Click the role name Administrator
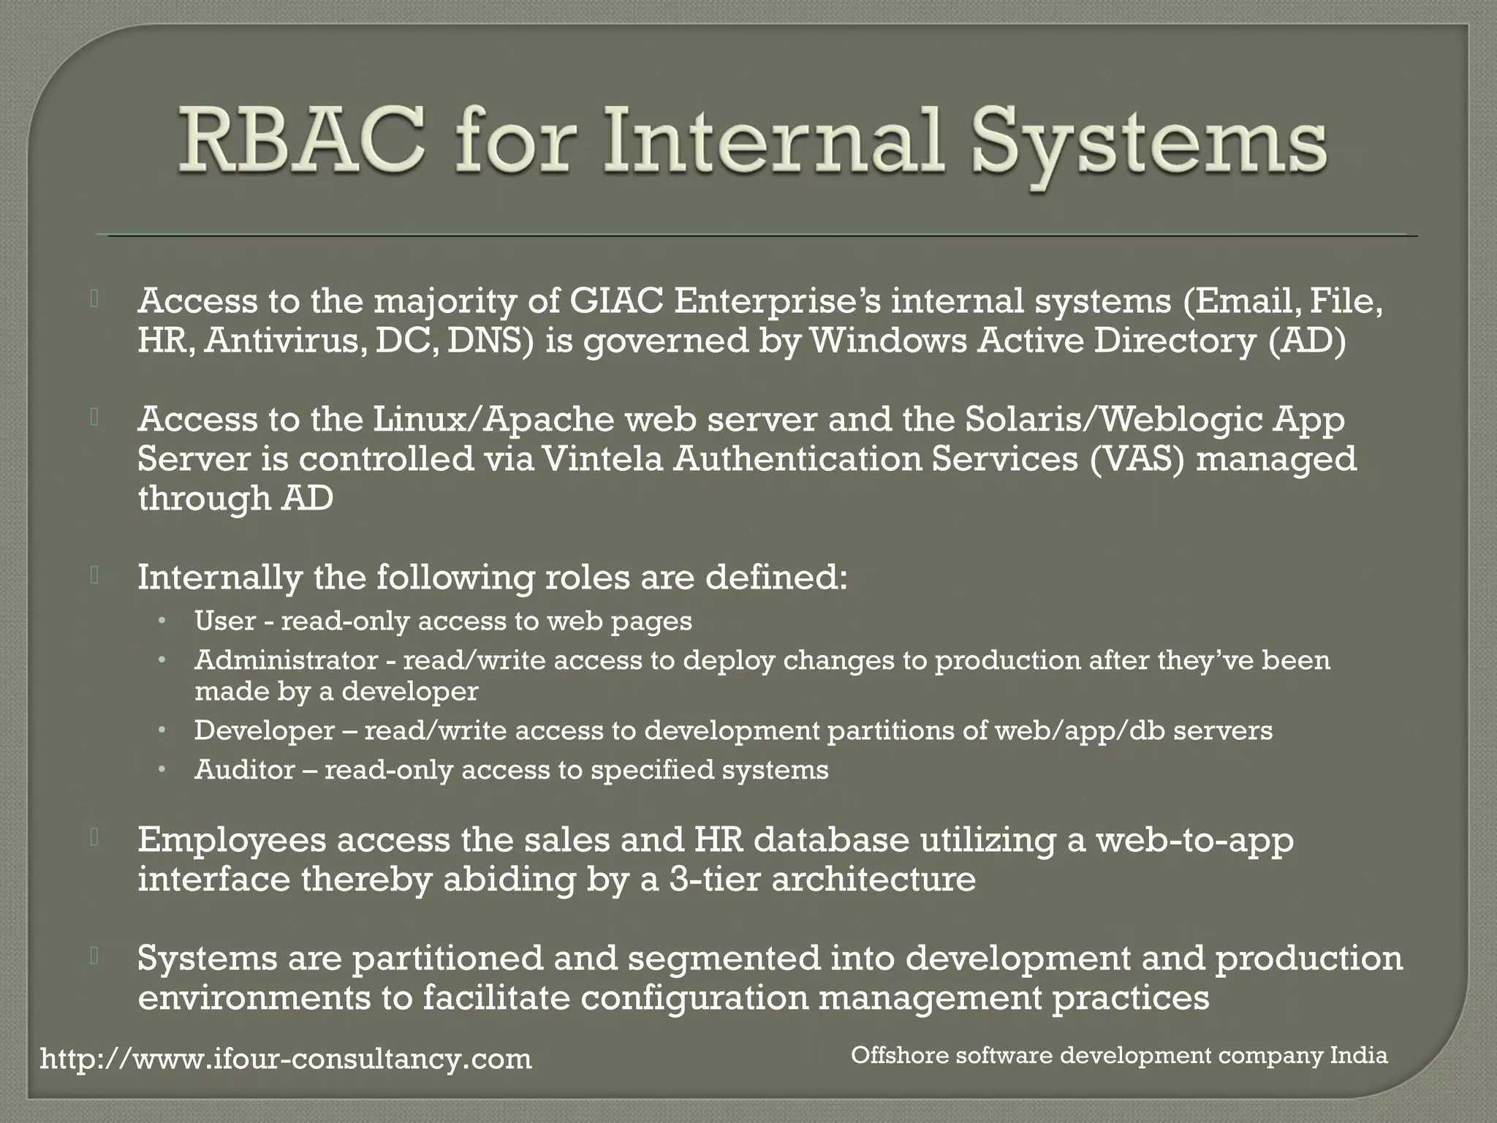(286, 660)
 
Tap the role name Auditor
(244, 769)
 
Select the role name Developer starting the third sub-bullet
(264, 730)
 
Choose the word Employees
(232, 840)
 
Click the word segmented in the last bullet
(724, 958)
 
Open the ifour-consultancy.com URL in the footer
(286, 1059)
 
